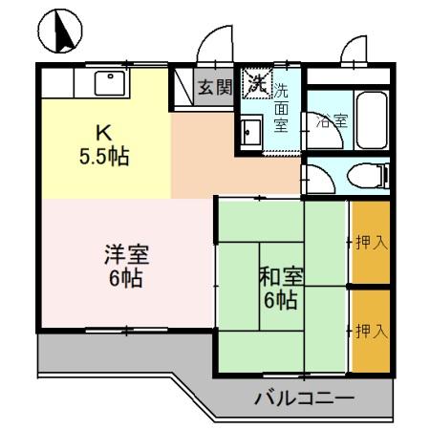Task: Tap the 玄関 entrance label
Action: [x=215, y=88]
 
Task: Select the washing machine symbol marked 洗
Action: [x=255, y=84]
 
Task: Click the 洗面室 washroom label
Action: [x=282, y=108]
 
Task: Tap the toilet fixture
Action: [x=368, y=175]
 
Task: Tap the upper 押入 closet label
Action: [x=371, y=242]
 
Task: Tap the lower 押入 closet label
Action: [x=371, y=331]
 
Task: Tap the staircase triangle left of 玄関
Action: [x=183, y=88]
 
